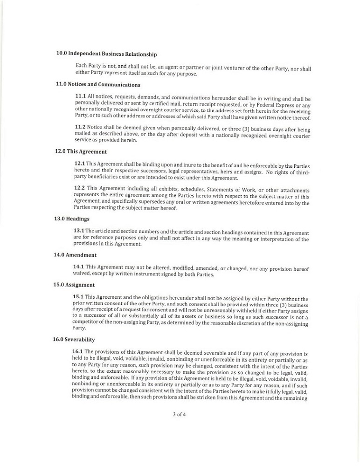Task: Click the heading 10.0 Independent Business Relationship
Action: tap(106, 54)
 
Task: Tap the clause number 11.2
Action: tap(80, 127)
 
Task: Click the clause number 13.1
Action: tap(79, 230)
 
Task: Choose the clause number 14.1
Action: tap(78, 266)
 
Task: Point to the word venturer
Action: tap(236, 69)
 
